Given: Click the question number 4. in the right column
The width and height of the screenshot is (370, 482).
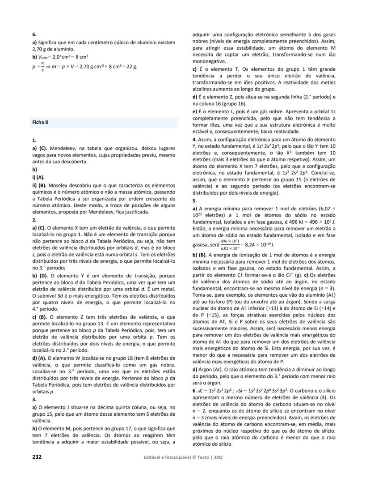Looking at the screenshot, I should tap(194, 140).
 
